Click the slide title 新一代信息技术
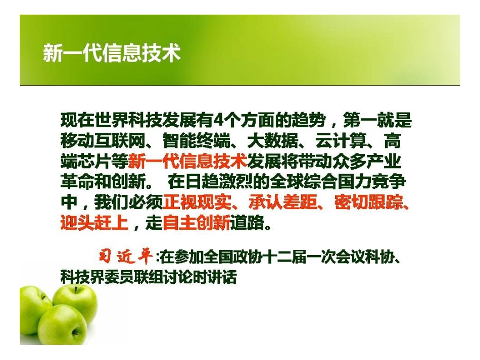[112, 53]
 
